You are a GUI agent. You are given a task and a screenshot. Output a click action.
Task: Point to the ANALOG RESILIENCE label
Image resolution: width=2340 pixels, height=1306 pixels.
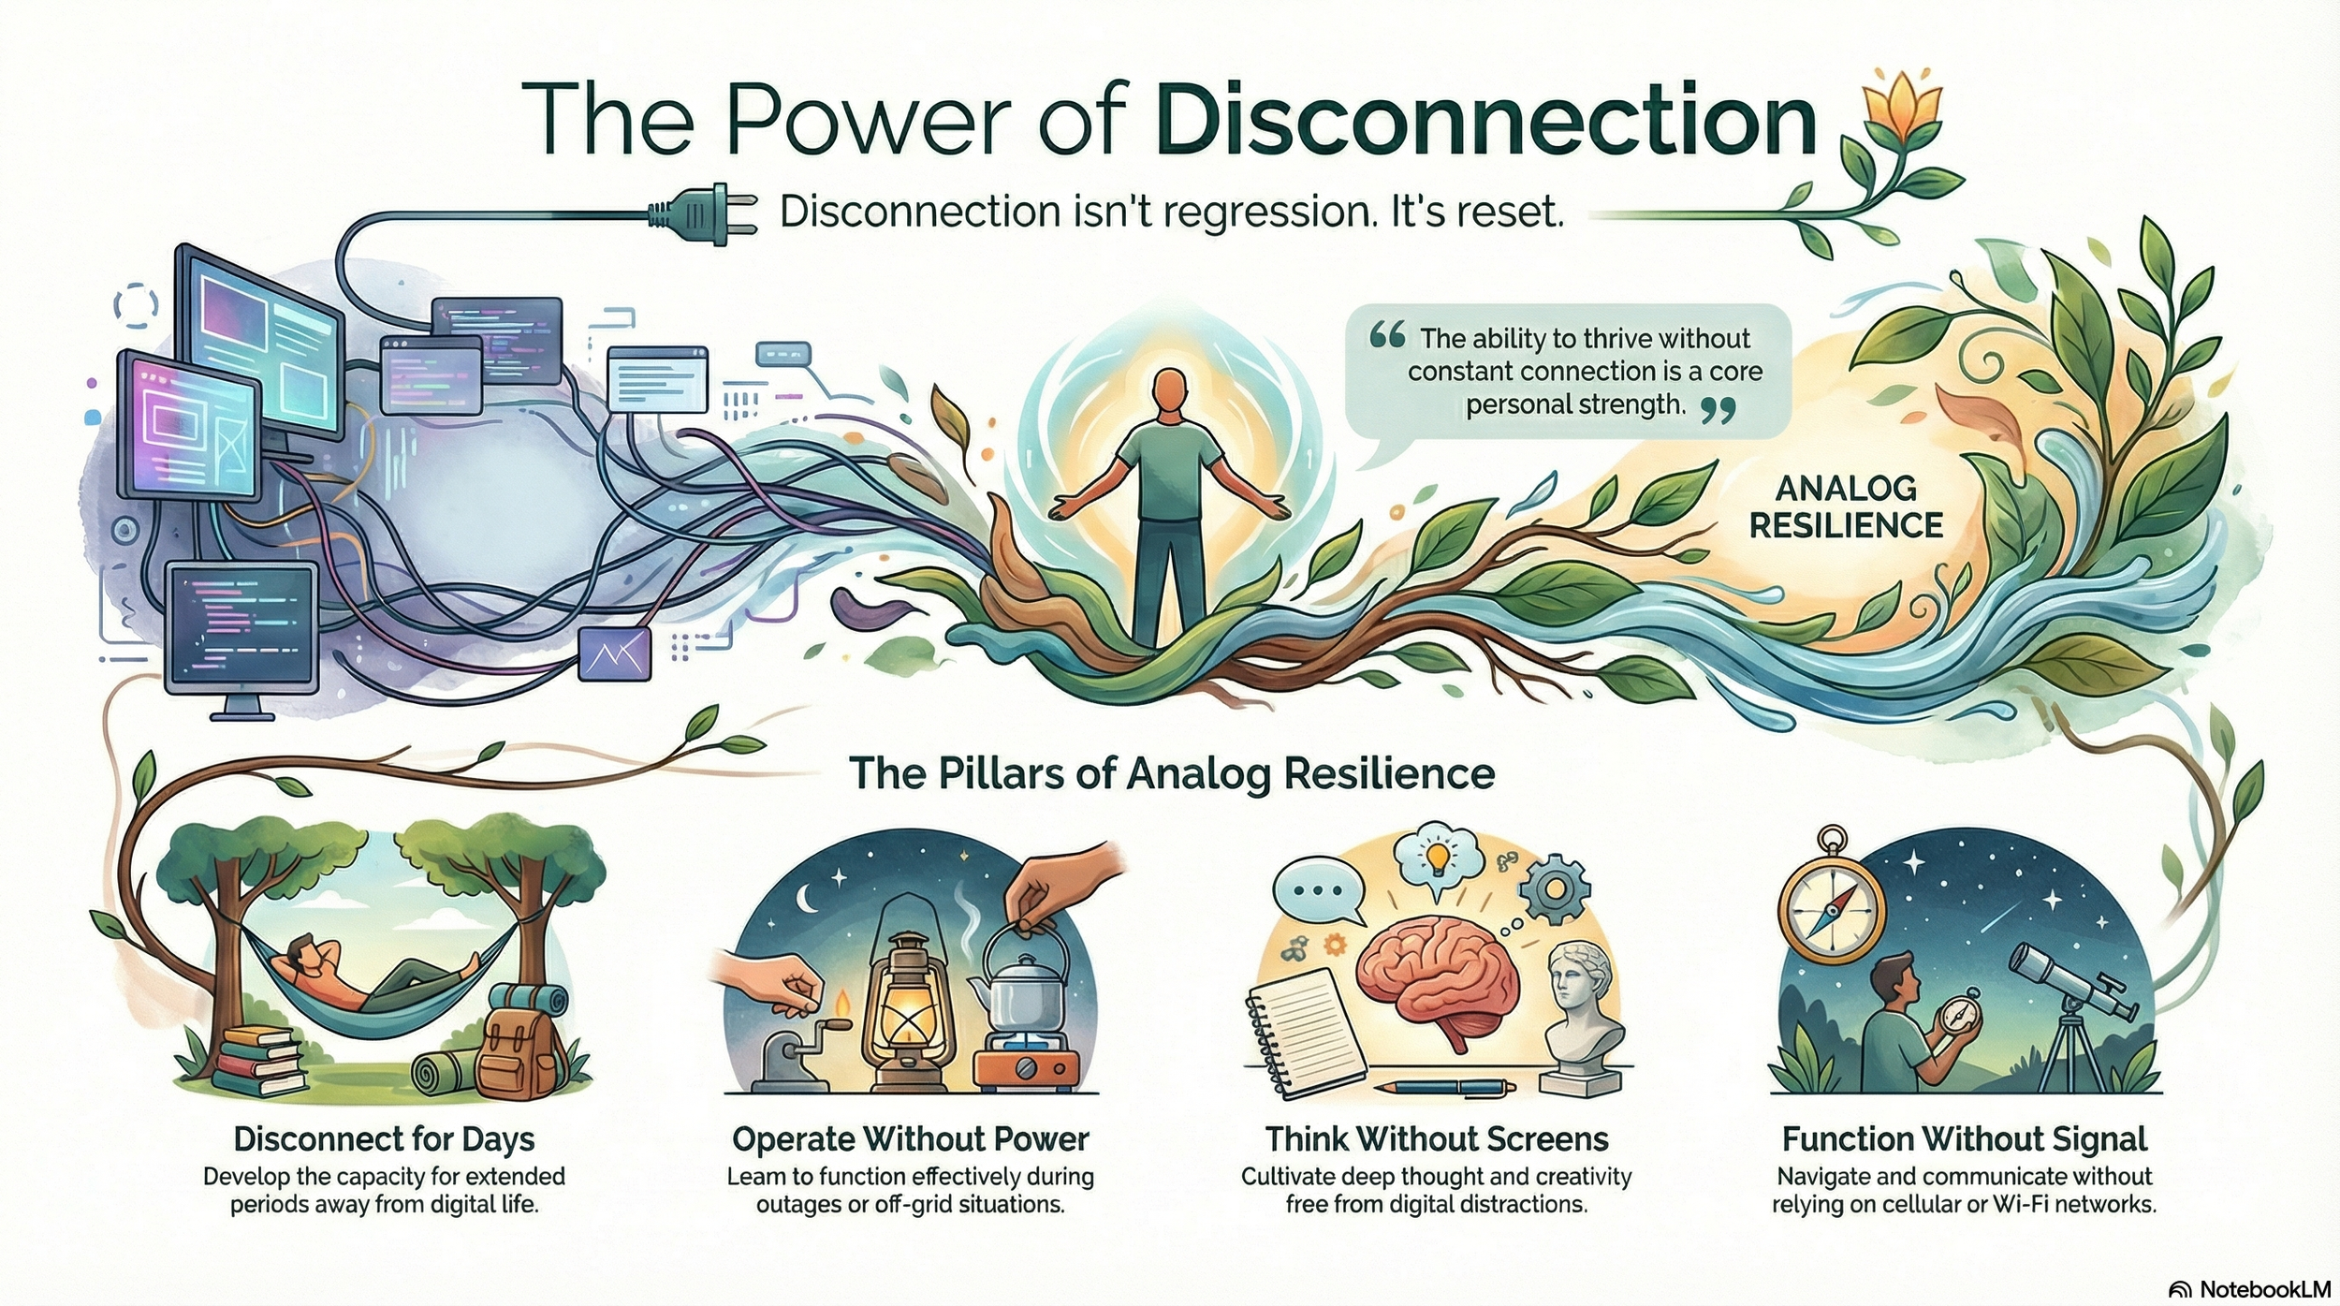(x=1846, y=506)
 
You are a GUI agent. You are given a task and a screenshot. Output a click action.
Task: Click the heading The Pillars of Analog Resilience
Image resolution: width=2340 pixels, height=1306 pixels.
(x=1171, y=774)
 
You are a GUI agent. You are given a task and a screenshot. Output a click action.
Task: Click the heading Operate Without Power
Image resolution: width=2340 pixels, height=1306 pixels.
(x=910, y=1139)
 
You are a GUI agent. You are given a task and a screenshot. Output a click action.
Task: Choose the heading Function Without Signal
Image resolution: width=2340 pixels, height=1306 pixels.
(x=1964, y=1139)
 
